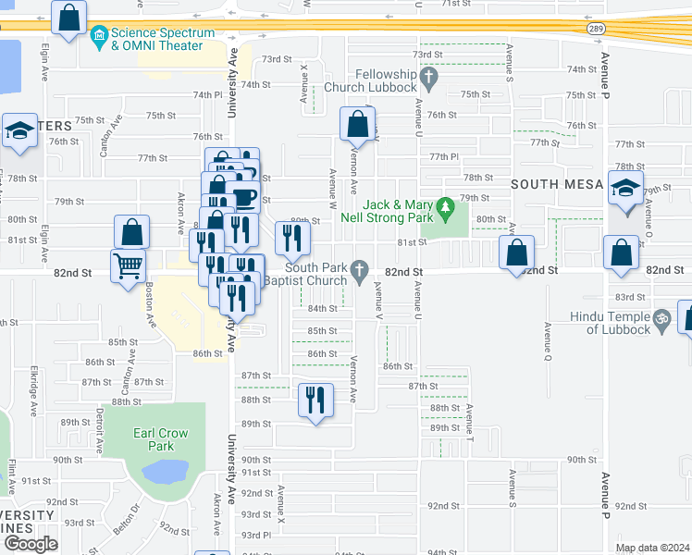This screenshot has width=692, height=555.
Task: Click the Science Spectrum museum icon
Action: point(100,37)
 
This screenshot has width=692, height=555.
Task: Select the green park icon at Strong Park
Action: point(445,204)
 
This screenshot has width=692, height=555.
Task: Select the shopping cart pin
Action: point(128,266)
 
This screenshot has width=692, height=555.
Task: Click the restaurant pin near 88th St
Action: point(315,400)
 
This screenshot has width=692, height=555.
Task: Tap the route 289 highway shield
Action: point(598,28)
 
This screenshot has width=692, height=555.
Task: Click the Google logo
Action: point(31,544)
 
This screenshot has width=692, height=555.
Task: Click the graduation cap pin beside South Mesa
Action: point(626,189)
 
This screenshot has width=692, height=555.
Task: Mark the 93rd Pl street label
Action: point(255,535)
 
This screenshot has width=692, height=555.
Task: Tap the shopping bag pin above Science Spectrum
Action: point(69,17)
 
